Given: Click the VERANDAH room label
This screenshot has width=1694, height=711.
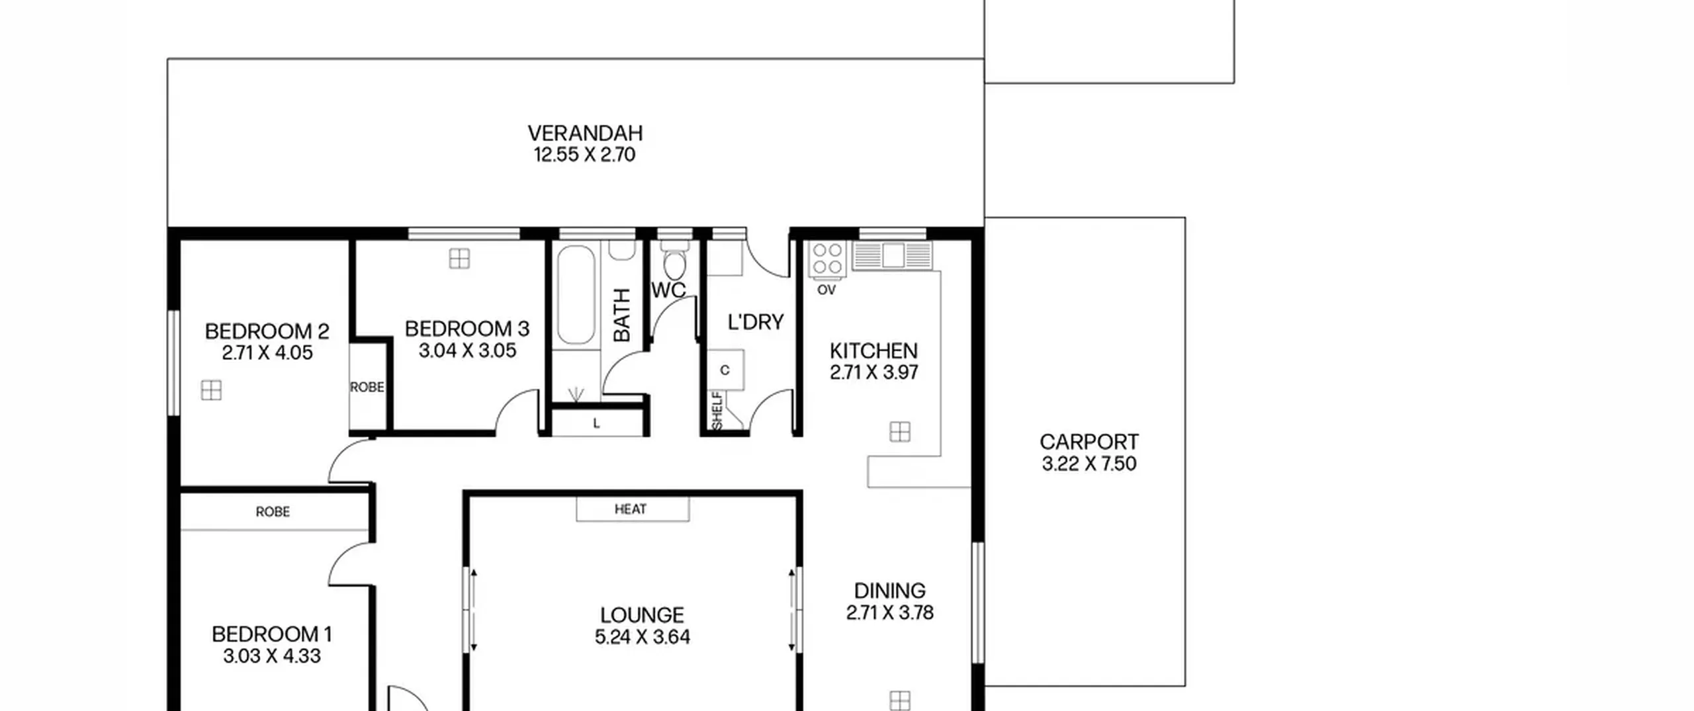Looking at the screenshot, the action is [x=585, y=133].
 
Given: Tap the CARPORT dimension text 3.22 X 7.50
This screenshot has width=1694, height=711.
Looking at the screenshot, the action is [x=1089, y=464].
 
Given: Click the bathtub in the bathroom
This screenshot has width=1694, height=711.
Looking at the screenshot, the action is [x=576, y=295].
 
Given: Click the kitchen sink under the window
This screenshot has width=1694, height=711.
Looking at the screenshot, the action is [x=893, y=255].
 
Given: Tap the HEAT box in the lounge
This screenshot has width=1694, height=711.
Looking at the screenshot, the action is [x=633, y=509].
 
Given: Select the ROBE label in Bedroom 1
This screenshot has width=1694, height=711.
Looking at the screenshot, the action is [x=273, y=512].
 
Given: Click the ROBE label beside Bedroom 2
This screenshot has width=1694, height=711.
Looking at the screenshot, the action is [x=367, y=387].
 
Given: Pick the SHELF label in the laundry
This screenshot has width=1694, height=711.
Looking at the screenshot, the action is [x=717, y=410].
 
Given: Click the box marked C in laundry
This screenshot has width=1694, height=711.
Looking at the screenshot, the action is [x=725, y=370].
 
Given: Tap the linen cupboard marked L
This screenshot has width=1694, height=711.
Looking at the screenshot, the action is [x=597, y=423].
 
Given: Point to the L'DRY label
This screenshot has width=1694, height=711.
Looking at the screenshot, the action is [x=756, y=322].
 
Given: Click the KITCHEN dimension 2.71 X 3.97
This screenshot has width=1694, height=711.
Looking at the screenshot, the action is [x=874, y=372].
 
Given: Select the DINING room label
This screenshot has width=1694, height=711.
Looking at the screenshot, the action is [x=890, y=591].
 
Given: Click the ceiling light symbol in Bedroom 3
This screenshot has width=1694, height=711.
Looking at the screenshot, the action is [x=459, y=259].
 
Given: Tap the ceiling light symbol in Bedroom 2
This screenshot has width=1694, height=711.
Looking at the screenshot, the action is [x=211, y=391].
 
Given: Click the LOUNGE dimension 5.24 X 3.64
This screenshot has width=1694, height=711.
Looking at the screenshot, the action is [x=643, y=637].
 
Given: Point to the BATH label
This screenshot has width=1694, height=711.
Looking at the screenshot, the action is [x=622, y=315].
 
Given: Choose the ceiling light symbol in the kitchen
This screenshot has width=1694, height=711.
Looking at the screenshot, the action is [x=900, y=432].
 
